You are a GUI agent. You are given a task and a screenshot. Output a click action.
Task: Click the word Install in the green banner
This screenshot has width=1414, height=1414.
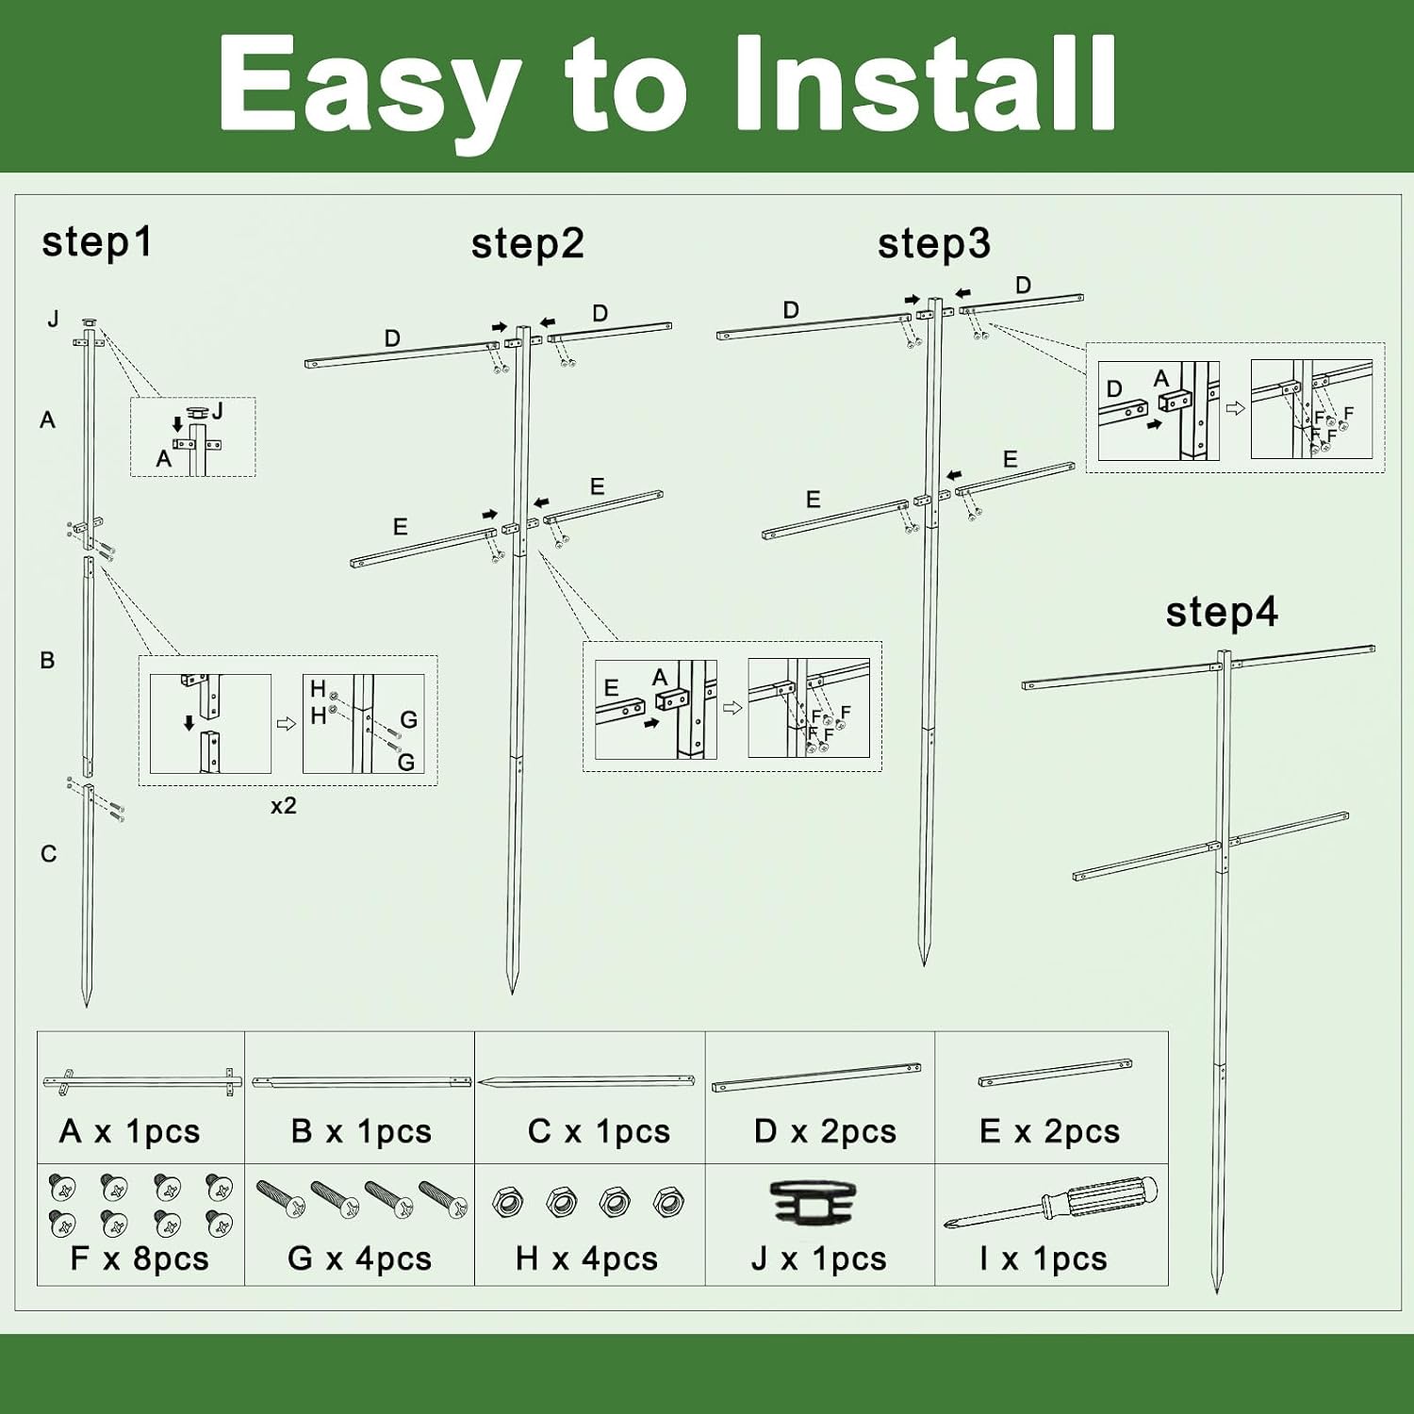point(925,84)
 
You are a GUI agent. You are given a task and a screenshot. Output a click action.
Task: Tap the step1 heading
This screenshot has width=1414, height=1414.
point(96,243)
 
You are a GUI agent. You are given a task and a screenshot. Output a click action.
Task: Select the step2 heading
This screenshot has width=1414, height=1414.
point(528,244)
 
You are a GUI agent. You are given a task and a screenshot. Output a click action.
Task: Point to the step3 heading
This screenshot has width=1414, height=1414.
point(934,244)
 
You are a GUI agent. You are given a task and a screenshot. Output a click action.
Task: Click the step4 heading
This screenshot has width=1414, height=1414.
point(1222,613)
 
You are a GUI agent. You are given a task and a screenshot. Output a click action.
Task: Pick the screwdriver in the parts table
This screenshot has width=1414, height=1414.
point(1051,1202)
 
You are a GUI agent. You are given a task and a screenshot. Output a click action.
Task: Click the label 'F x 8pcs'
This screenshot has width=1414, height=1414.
point(140,1258)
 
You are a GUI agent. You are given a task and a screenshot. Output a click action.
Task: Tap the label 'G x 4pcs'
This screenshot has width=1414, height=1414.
point(359,1258)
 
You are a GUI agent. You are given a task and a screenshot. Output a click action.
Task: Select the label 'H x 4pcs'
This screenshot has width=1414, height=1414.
point(586,1258)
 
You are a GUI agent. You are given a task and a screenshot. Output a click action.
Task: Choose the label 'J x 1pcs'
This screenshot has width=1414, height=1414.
point(818,1258)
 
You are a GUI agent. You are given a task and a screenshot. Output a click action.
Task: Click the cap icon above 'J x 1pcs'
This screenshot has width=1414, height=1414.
point(814,1204)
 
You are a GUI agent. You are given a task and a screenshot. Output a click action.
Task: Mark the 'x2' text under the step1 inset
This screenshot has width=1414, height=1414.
point(283,806)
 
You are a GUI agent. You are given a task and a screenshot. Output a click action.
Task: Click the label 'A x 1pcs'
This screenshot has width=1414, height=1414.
point(130,1131)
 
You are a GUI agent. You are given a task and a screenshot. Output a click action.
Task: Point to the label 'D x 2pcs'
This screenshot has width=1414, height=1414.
point(825,1131)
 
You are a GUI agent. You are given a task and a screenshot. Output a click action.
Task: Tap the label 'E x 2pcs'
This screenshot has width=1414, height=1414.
point(1050,1131)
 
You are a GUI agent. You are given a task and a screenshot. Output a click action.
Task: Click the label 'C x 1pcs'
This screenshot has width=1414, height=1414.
point(599,1131)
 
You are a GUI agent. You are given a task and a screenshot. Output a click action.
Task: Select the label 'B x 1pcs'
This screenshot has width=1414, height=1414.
point(361,1131)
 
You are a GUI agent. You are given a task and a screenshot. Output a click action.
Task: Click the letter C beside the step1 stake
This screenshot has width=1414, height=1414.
point(49,854)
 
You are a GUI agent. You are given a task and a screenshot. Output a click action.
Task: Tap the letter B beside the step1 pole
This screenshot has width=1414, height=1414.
point(47,661)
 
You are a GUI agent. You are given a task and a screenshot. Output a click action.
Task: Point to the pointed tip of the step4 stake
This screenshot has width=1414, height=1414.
point(1217,1292)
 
